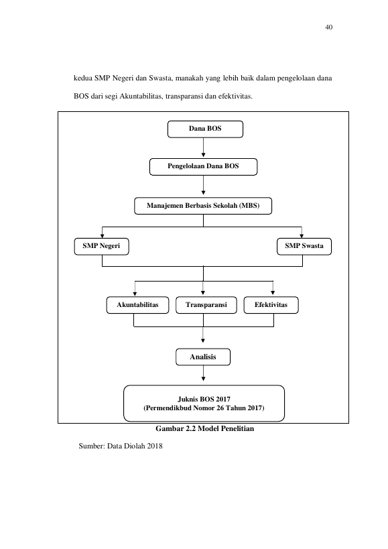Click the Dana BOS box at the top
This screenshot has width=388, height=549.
[205, 129]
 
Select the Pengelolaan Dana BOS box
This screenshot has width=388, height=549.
[203, 167]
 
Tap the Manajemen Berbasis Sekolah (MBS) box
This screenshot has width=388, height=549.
[203, 206]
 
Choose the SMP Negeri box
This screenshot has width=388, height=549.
[101, 247]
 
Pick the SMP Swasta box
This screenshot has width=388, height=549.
[304, 247]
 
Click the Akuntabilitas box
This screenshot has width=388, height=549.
[137, 305]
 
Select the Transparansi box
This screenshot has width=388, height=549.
[206, 305]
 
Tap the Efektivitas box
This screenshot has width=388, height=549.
[271, 305]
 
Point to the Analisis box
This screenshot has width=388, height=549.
[203, 357]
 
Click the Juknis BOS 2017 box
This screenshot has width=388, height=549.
[204, 404]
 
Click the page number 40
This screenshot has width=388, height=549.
[329, 27]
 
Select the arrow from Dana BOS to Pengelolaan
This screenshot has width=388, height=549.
[203, 147]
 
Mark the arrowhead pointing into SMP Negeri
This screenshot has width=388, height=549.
[102, 236]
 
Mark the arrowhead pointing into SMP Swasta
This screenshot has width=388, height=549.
[302, 236]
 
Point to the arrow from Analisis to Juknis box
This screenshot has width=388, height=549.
[203, 373]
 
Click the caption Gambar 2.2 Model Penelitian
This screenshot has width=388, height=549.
[204, 428]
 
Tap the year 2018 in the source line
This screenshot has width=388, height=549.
[155, 446]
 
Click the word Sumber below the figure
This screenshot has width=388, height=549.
[90, 446]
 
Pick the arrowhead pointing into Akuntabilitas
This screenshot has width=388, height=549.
[135, 294]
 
